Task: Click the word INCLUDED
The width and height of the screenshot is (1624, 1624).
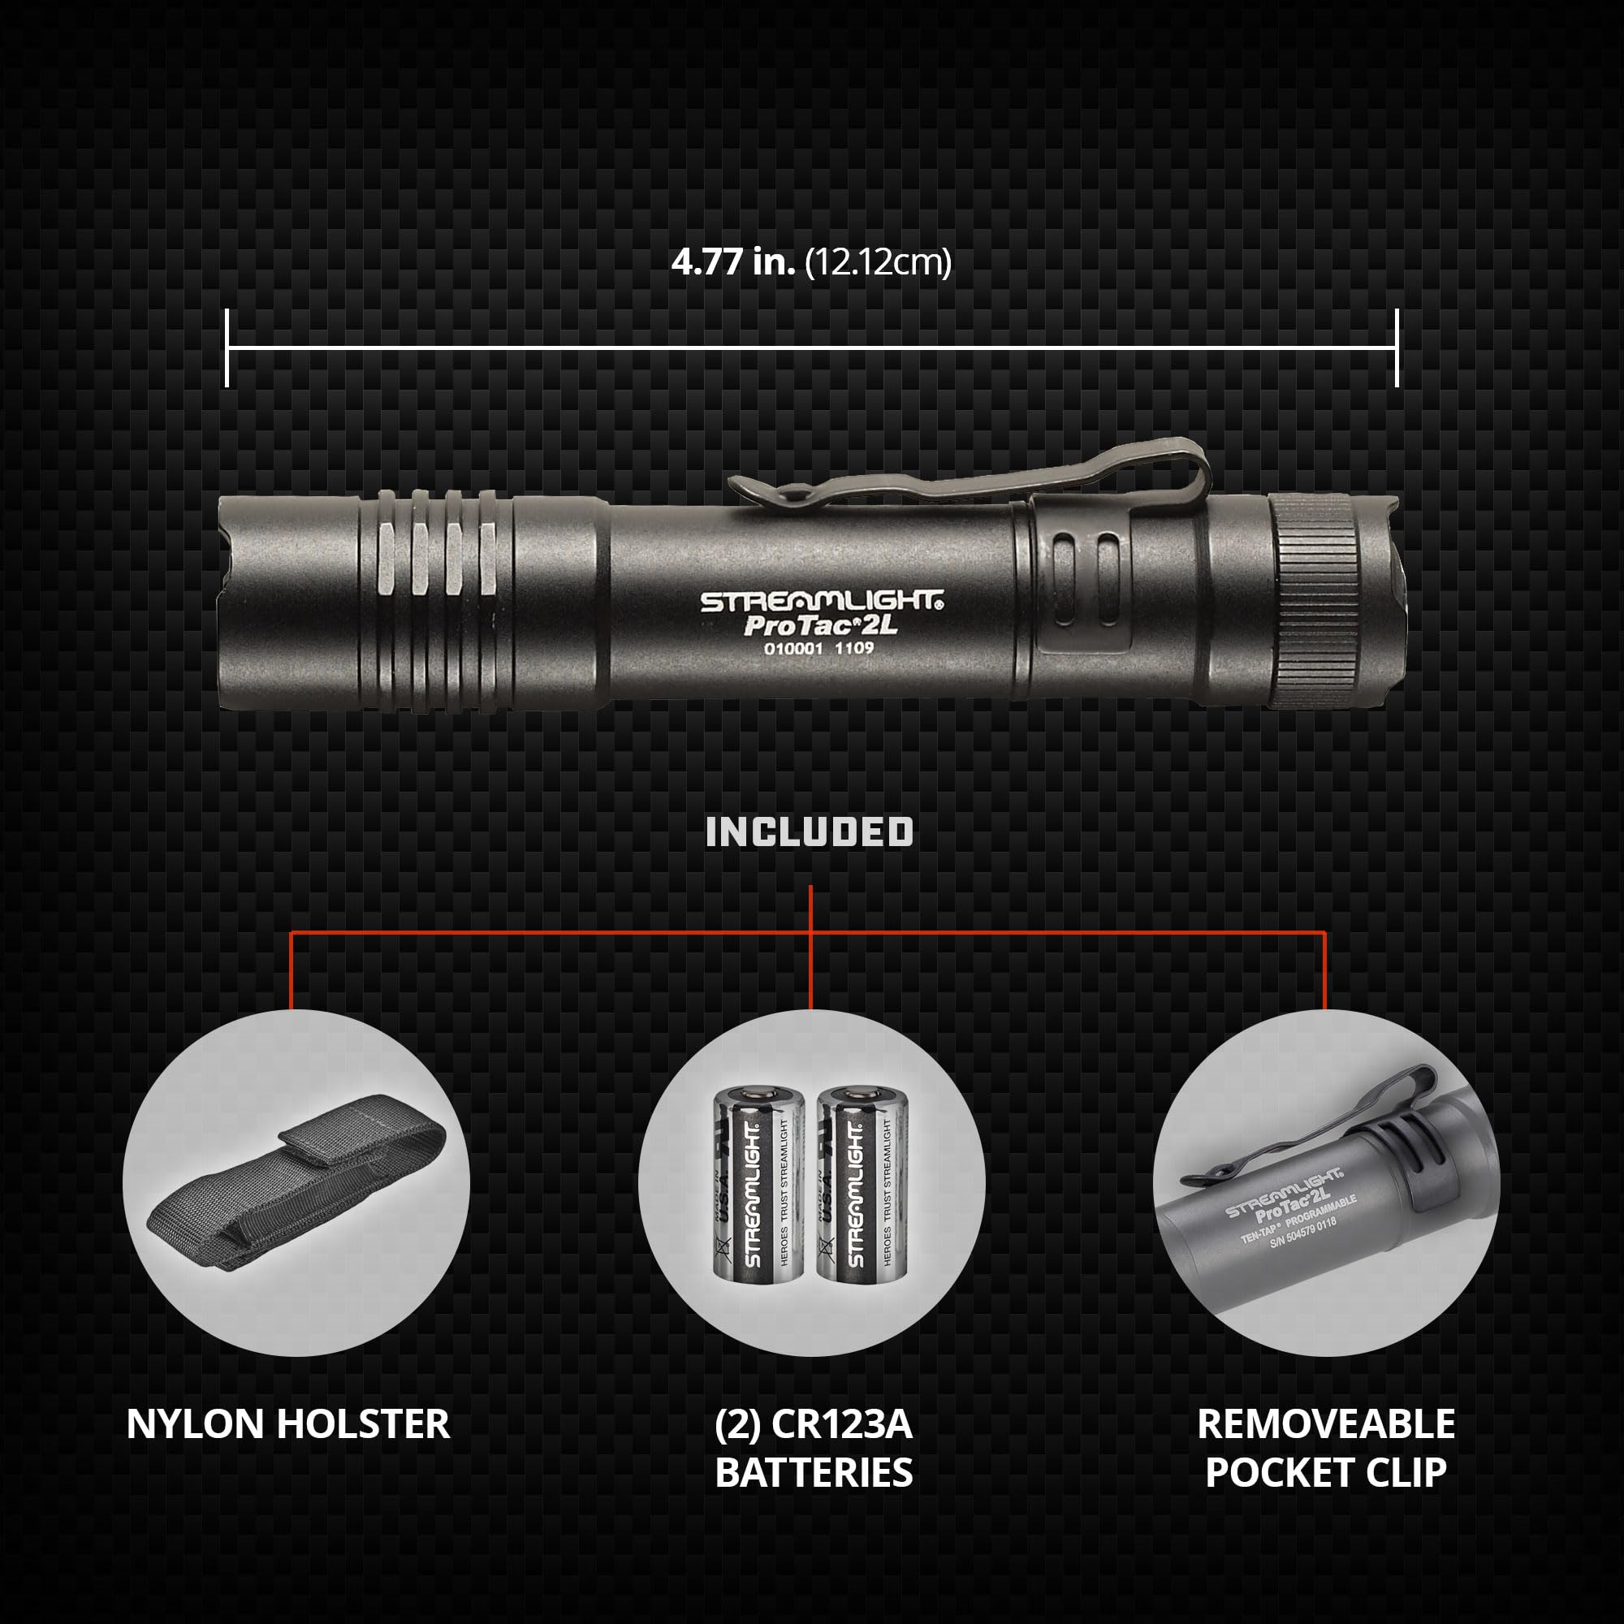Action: tap(810, 832)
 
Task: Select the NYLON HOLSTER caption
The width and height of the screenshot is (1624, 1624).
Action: tap(288, 1424)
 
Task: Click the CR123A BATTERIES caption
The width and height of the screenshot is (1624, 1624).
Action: tap(813, 1449)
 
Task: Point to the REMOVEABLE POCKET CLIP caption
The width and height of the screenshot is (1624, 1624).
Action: tap(1326, 1449)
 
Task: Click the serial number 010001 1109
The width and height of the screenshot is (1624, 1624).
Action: tap(818, 648)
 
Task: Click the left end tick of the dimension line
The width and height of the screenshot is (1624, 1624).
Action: tap(227, 348)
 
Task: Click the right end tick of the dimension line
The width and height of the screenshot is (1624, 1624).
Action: tap(1396, 348)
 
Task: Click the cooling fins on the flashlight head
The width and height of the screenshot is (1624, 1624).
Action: tap(433, 598)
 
